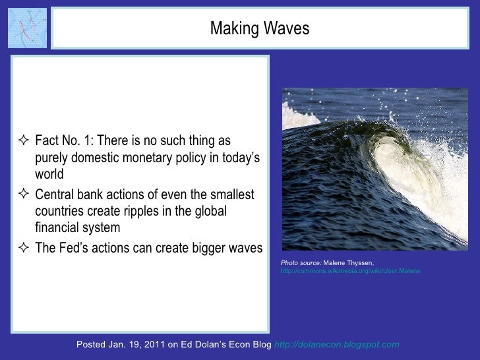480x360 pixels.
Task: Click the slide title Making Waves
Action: [259, 29]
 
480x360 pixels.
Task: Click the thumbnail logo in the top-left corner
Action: [27, 28]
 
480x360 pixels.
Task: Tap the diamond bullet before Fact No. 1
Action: [24, 142]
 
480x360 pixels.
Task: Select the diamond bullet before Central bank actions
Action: [24, 195]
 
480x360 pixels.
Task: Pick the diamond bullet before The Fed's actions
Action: [24, 249]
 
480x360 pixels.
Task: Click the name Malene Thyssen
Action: [349, 263]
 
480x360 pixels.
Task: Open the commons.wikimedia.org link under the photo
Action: [350, 271]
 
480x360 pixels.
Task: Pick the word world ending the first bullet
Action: [49, 175]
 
